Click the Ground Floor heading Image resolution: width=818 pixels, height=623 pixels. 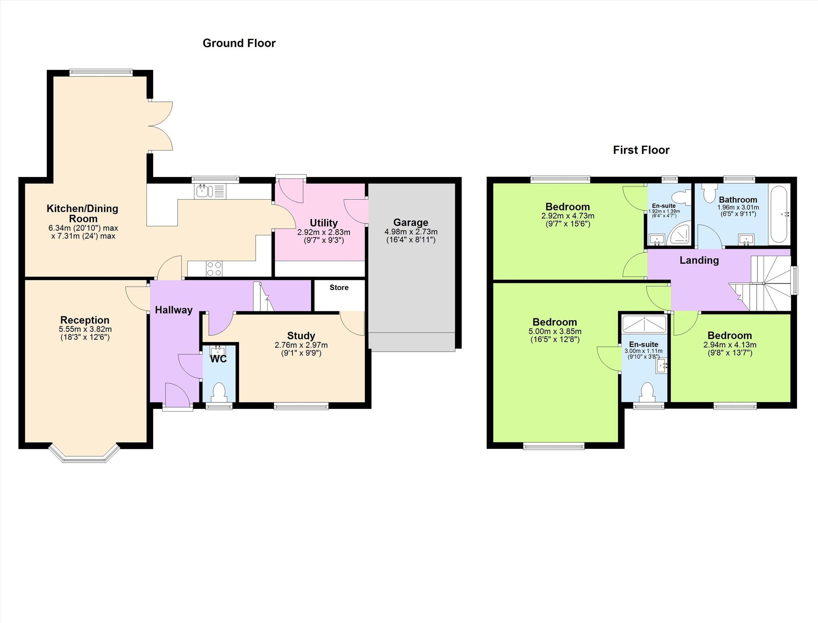[239, 43]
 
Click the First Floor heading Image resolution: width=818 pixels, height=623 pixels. [641, 150]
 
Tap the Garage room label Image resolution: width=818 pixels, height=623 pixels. [411, 223]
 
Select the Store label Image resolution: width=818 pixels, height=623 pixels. [339, 288]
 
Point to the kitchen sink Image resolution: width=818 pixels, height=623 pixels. [210, 191]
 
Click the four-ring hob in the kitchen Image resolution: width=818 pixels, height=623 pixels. [214, 269]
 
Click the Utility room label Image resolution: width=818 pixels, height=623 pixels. [324, 223]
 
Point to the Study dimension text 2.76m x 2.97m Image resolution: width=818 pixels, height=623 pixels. [301, 345]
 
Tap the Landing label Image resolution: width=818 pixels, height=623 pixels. [699, 260]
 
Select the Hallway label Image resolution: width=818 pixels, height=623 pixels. [174, 310]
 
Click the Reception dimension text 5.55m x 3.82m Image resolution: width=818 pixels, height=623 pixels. [85, 329]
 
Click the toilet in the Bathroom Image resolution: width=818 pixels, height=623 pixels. [710, 191]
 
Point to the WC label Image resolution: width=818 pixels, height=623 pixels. [218, 359]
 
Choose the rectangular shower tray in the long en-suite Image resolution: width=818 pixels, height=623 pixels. [644, 324]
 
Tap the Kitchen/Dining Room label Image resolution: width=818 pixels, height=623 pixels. [82, 214]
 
